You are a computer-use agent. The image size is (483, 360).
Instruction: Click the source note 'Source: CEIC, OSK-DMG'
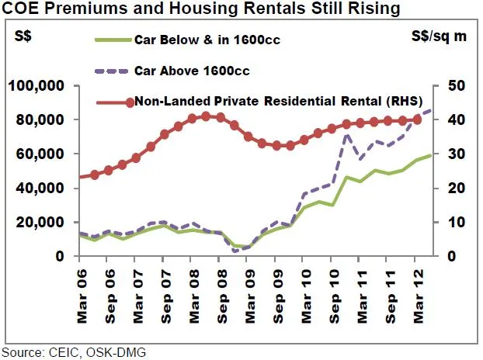pyautogui.click(x=74, y=352)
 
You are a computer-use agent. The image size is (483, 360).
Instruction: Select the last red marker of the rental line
pyautogui.click(x=417, y=119)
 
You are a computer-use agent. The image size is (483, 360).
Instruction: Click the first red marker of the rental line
pyautogui.click(x=95, y=175)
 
